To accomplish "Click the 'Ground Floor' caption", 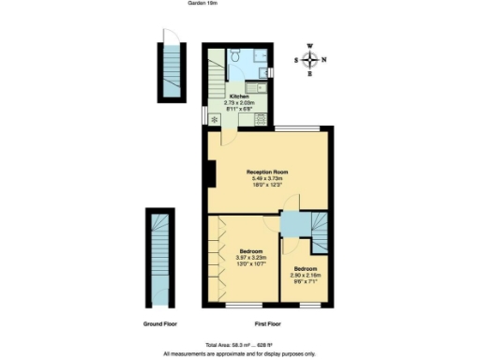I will click(160, 323).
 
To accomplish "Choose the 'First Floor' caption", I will click(267, 323).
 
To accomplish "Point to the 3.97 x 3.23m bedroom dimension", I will click(250, 258).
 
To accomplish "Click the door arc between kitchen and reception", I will click(226, 138).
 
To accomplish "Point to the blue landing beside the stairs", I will click(295, 225).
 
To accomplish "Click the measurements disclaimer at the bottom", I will click(240, 353).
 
